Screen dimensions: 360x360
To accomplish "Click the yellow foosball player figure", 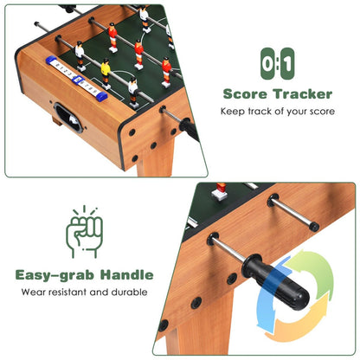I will point(106,68).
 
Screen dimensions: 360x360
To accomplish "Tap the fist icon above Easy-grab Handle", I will point(85,232).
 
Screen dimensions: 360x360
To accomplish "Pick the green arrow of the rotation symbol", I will point(314,265).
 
